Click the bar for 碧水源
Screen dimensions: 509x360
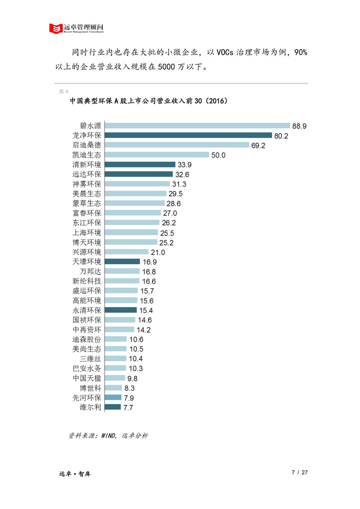197,126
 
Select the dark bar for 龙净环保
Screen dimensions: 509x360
188,135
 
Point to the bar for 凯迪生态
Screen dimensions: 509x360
157,155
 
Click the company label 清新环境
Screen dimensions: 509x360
87,165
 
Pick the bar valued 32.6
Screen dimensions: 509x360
139,174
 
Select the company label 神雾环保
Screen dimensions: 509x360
87,184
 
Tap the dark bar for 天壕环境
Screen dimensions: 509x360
122,261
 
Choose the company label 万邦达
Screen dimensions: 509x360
90,271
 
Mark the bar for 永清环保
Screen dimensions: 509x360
121,310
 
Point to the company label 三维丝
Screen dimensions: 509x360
90,359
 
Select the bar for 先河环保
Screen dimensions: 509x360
113,397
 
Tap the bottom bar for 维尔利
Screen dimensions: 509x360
112,407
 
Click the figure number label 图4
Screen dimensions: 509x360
63,91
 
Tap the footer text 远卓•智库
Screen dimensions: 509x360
75,474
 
